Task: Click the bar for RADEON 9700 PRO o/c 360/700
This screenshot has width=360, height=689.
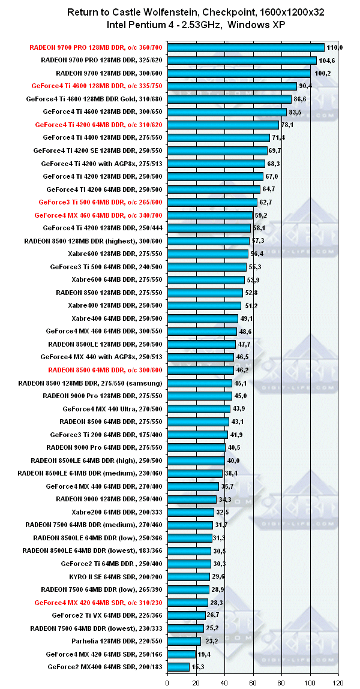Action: pos(245,47)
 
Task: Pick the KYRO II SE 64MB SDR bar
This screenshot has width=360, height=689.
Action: pos(188,576)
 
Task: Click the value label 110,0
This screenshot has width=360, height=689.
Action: pos(335,47)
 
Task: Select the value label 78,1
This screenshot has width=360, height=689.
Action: pos(289,125)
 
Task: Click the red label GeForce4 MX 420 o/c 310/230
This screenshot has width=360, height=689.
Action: pos(99,602)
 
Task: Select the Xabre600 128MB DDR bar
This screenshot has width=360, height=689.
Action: pos(208,254)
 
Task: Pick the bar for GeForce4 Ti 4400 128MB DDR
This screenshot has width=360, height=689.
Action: pos(218,138)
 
